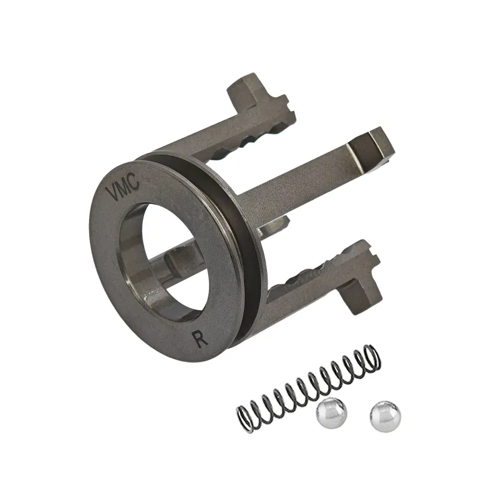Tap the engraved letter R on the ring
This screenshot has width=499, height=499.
point(201,338)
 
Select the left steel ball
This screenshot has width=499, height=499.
point(332,413)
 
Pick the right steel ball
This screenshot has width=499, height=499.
point(385,417)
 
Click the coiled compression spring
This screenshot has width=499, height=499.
point(309,389)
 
